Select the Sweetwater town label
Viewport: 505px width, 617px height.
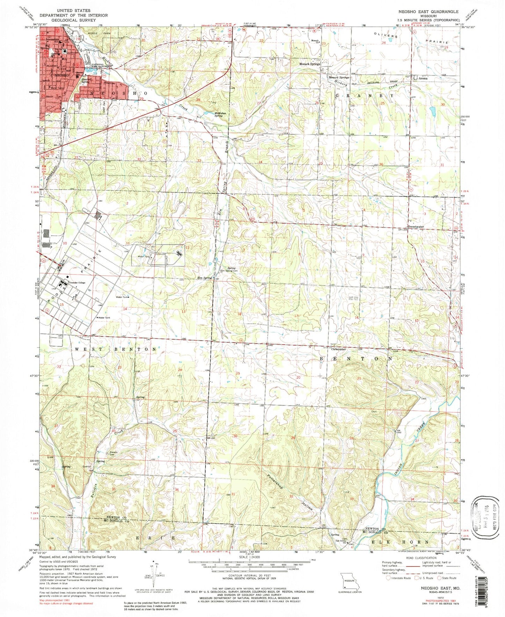coord(416,227)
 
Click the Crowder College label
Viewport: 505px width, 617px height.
coord(78,282)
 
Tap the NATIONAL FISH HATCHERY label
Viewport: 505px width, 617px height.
coord(92,66)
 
